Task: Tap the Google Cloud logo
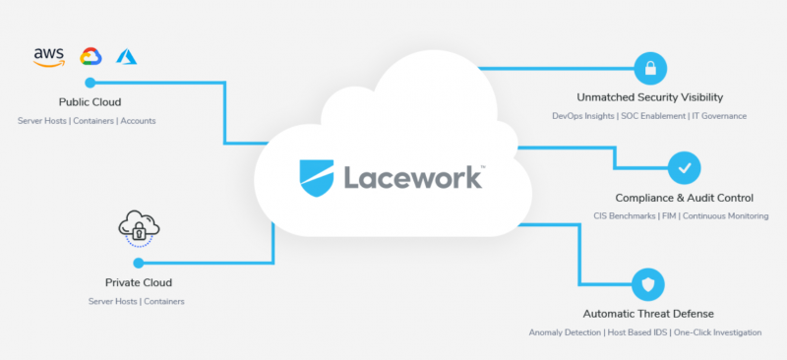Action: point(91,56)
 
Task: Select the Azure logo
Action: point(126,56)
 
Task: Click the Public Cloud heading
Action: point(90,101)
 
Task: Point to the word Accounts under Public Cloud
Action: point(138,121)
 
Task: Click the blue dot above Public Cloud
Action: point(90,83)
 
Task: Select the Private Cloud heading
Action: point(138,282)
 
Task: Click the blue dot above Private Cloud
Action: point(138,263)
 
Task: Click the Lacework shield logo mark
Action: point(318,177)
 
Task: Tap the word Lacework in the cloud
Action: point(412,177)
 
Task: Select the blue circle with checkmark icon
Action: point(685,167)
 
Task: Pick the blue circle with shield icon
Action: point(648,285)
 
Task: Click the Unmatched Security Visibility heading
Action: point(649,97)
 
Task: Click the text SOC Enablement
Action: point(651,116)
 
